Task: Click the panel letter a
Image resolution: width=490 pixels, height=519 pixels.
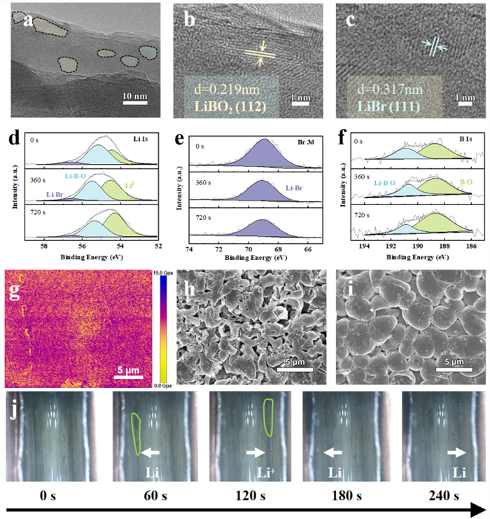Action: [29, 20]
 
